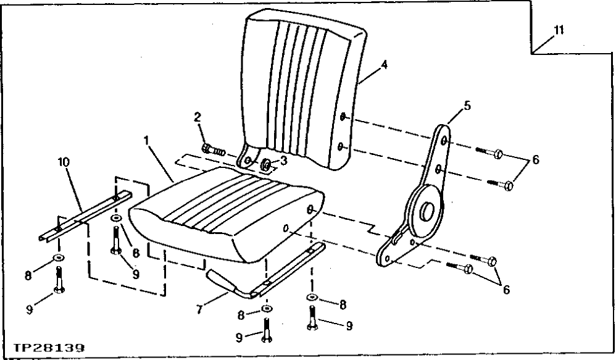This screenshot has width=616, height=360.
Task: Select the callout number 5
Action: [467, 106]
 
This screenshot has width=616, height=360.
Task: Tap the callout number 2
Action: [198, 117]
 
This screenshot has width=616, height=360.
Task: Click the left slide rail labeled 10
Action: [86, 216]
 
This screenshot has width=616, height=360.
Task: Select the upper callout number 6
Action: [535, 159]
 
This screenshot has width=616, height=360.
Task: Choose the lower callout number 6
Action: [506, 288]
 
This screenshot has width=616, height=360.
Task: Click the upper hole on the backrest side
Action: [343, 117]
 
